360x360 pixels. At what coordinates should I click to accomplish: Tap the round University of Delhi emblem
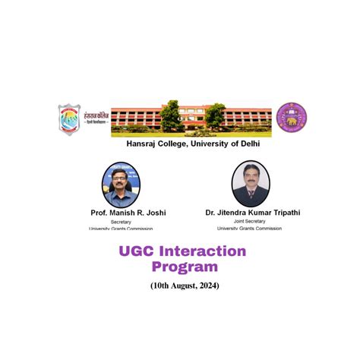pyautogui.click(x=291, y=117)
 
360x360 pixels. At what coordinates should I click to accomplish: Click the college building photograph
pyautogui.click(x=191, y=116)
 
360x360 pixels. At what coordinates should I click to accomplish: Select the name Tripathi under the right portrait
pyautogui.click(x=281, y=213)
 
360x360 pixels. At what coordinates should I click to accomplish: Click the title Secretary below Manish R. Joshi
pyautogui.click(x=121, y=222)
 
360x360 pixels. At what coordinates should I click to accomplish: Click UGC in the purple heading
pyautogui.click(x=138, y=252)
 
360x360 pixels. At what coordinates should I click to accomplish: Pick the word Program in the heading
pyautogui.click(x=185, y=267)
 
